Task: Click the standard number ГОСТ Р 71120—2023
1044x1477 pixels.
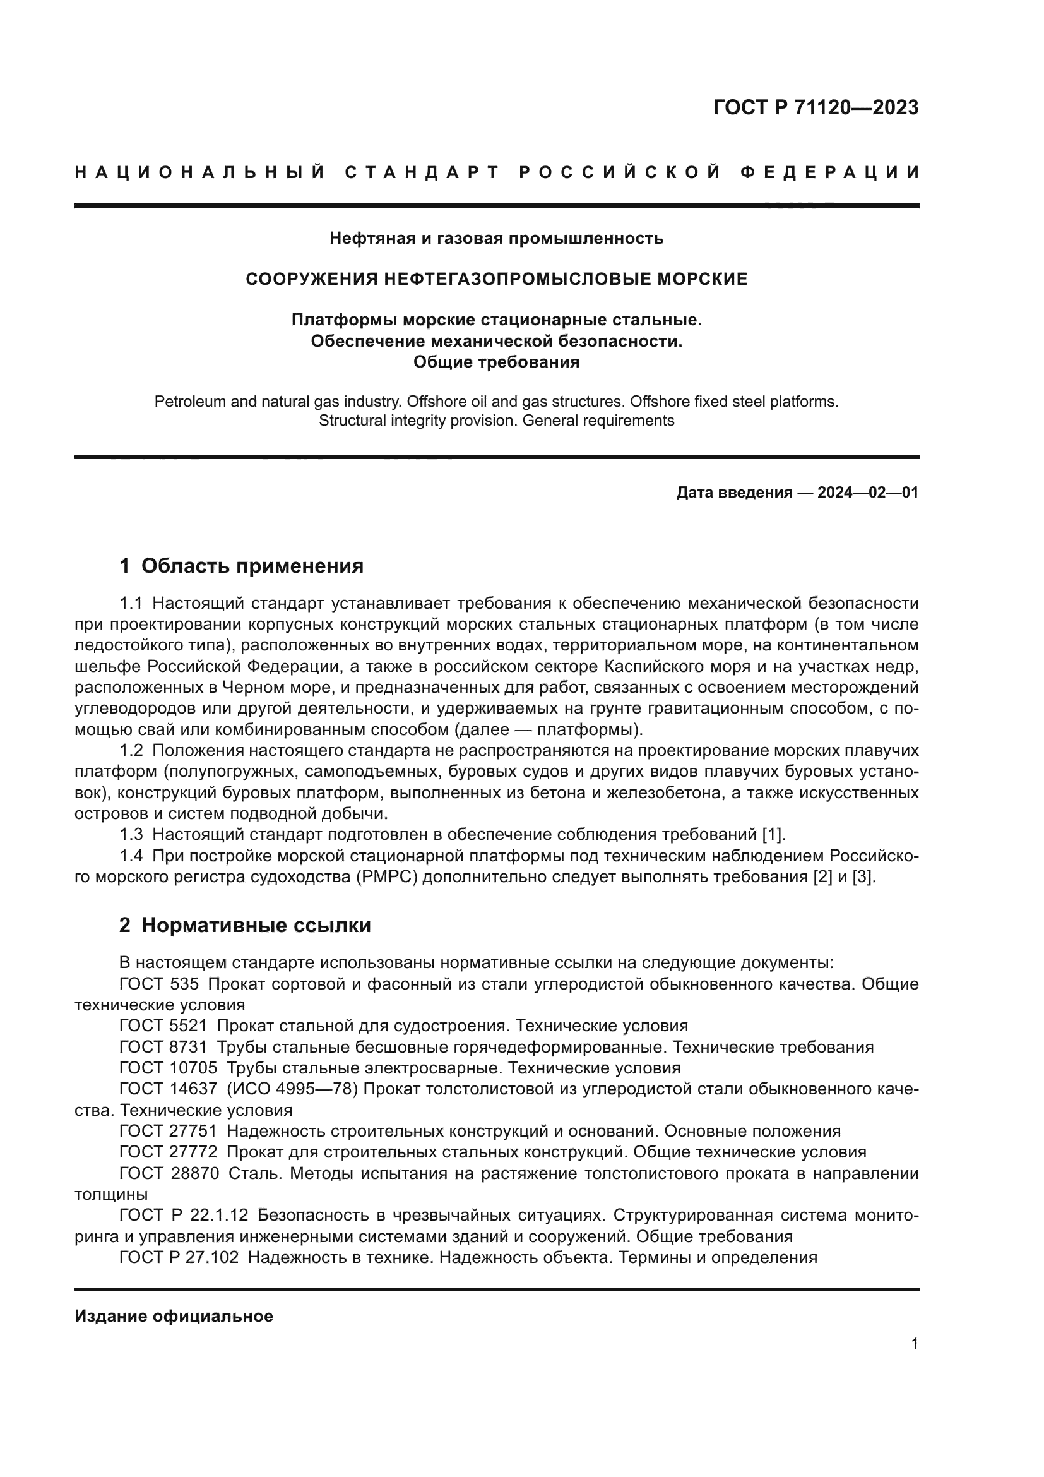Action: tap(815, 107)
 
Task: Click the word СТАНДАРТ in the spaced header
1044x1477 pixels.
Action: tap(422, 172)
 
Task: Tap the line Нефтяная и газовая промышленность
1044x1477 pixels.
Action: tap(496, 239)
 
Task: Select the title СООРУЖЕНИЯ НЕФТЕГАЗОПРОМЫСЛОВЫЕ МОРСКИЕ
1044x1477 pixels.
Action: tap(496, 279)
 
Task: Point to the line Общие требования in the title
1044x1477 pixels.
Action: tap(496, 362)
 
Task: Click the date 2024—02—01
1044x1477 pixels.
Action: tap(867, 493)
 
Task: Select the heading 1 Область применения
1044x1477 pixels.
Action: tap(241, 566)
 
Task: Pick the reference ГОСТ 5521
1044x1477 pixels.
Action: tap(163, 1026)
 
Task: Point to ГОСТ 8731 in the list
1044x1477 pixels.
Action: tap(163, 1047)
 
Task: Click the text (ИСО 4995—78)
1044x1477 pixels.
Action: tap(295, 1089)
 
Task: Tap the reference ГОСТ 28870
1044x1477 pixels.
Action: tap(169, 1173)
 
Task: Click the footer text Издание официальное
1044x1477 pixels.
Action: tap(174, 1316)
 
